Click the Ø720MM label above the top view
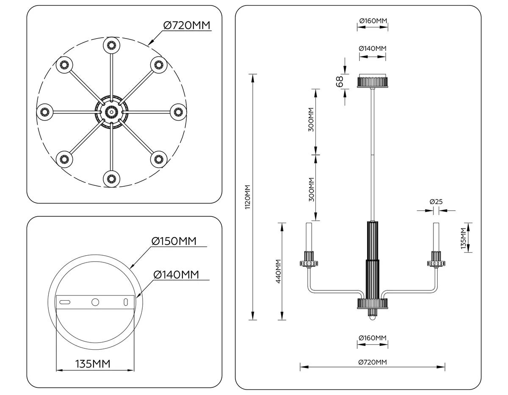(187, 25)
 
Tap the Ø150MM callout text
(174, 241)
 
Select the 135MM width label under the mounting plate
(93, 364)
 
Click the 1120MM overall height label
(248, 197)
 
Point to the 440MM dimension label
(278, 271)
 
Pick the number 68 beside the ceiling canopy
(340, 81)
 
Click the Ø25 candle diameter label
(436, 202)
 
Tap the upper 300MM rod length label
(311, 119)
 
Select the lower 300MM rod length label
(312, 190)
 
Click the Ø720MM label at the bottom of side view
(373, 362)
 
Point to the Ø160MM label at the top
(373, 21)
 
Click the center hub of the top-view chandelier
(111, 112)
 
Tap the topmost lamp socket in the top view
(111, 45)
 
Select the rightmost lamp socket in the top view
(178, 112)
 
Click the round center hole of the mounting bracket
(95, 302)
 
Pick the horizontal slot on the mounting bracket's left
(65, 302)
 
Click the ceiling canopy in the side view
(373, 81)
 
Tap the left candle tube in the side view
(309, 237)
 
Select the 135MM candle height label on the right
(464, 238)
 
